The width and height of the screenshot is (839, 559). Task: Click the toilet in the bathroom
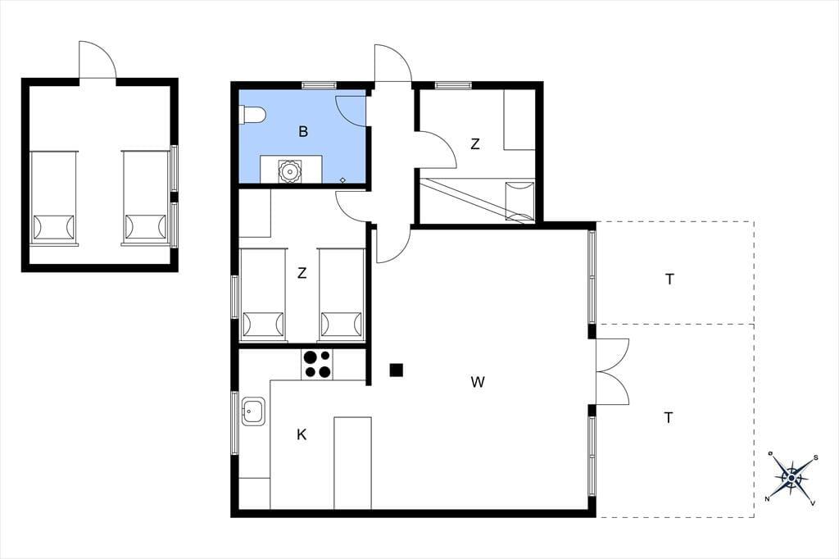[x=252, y=115]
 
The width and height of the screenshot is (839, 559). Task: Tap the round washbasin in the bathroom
[x=289, y=171]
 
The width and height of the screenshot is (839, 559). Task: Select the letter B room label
[x=303, y=131]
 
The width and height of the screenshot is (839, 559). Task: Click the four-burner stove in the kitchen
[x=317, y=364]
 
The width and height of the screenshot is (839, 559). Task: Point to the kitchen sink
[x=253, y=411]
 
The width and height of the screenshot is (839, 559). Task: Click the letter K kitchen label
[x=302, y=434]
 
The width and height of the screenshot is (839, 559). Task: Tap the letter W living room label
[x=478, y=382]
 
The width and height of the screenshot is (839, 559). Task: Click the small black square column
[x=397, y=370]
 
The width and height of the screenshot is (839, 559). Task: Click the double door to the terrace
[x=612, y=371]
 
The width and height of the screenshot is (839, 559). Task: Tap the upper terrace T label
[x=669, y=279]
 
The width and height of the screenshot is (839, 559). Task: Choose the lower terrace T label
[x=669, y=417]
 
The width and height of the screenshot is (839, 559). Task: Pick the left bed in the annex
[x=53, y=198]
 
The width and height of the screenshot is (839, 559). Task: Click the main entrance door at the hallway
[x=392, y=64]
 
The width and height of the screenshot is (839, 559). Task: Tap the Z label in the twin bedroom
[x=302, y=273]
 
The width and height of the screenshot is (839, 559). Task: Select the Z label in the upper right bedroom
[x=475, y=144]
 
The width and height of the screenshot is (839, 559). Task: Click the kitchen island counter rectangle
[x=352, y=463]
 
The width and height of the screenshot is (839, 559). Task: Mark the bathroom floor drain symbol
[x=343, y=180]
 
